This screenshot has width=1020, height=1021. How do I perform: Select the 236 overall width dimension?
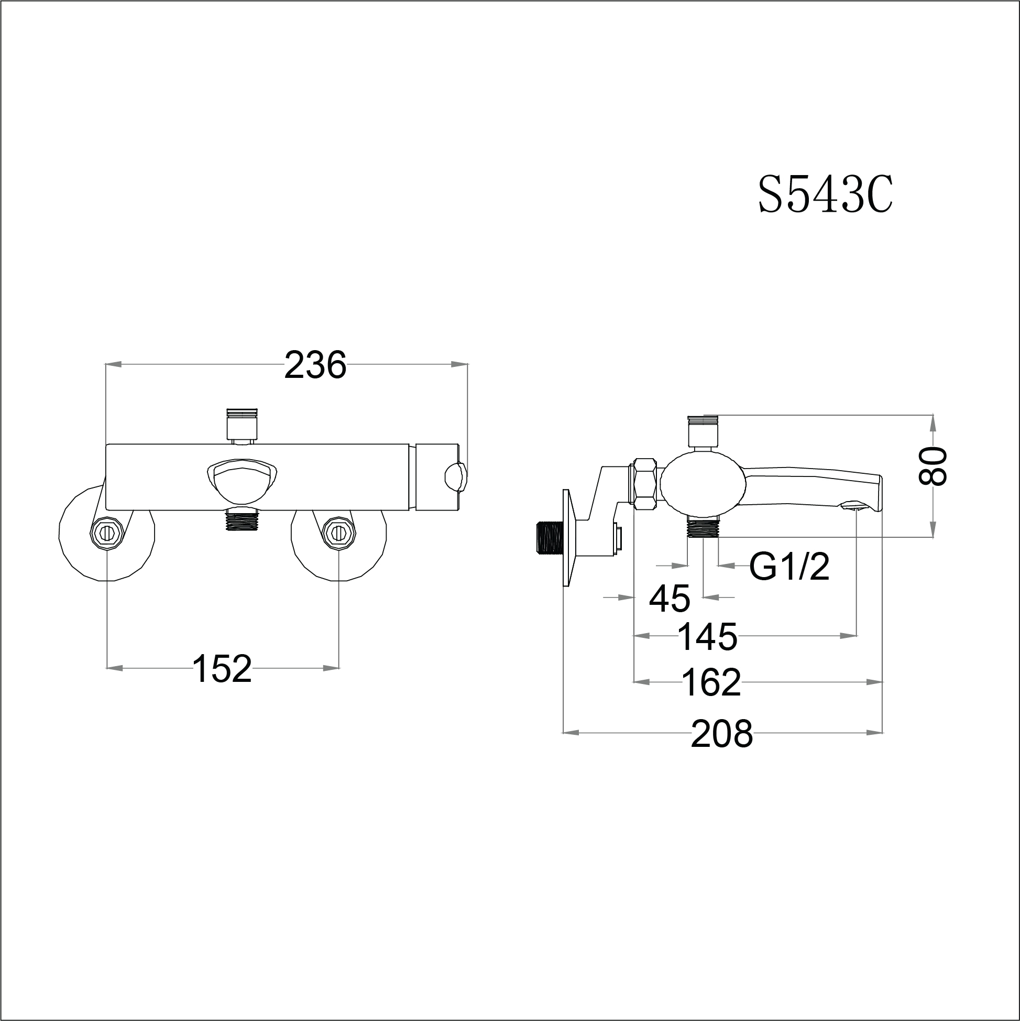point(315,365)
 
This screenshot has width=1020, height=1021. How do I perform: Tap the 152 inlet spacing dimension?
point(222,668)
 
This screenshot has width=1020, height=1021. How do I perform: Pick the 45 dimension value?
point(669,599)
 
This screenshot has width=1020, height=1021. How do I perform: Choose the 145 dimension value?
point(707,637)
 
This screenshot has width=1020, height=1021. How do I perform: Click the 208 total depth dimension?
point(721,734)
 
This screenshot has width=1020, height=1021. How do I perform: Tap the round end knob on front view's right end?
point(455,477)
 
